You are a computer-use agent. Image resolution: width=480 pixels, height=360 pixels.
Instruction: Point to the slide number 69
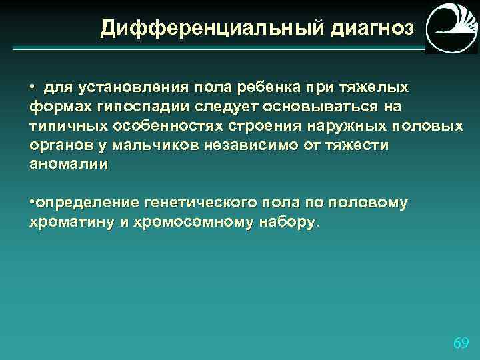(x=461, y=343)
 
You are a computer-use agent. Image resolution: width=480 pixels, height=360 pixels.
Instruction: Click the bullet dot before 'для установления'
(x=32, y=87)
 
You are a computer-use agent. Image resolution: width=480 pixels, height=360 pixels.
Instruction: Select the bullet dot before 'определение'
(x=32, y=202)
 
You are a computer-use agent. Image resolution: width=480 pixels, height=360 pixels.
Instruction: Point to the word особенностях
(x=157, y=126)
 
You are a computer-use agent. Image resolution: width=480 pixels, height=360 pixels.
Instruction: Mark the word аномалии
(x=68, y=165)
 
